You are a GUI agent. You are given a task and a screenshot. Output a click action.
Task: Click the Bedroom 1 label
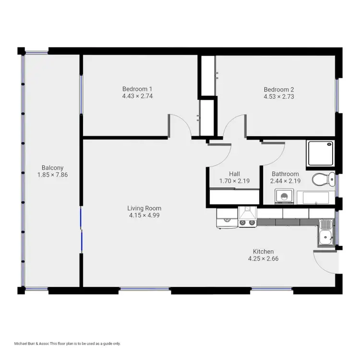click(x=137, y=89)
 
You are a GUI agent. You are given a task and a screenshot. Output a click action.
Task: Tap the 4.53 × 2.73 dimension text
click(x=278, y=96)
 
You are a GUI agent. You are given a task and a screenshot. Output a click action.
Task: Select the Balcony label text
click(x=52, y=168)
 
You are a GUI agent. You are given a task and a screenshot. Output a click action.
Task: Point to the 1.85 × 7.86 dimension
click(x=52, y=175)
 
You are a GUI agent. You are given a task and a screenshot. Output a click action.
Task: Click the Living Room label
click(x=144, y=208)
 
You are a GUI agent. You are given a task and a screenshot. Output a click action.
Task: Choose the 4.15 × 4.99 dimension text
click(x=144, y=216)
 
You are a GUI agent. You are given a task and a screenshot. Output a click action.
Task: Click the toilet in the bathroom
click(x=323, y=180)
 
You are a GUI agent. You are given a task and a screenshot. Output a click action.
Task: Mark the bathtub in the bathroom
click(x=314, y=197)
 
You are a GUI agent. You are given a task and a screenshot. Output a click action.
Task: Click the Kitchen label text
click(x=263, y=252)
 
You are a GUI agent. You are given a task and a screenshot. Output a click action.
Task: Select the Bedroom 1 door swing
click(x=179, y=126)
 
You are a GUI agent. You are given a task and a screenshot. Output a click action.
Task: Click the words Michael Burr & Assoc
click(x=32, y=344)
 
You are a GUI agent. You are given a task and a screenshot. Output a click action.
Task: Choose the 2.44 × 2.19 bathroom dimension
click(x=285, y=181)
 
